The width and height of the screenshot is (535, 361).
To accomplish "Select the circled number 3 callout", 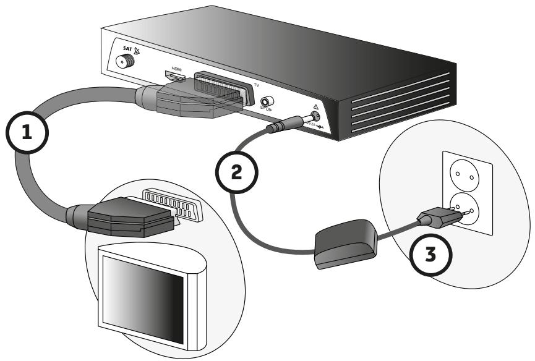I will pos(432,253).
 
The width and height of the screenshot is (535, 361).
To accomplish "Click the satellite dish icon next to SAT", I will pos(136,52).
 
